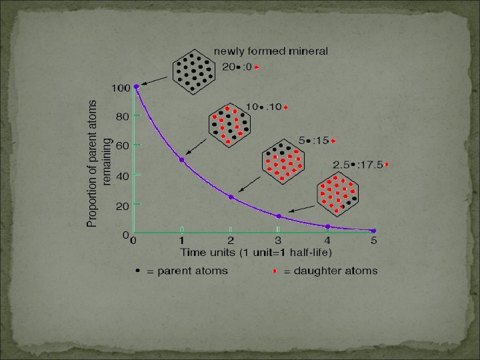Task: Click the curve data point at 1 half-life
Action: (181, 160)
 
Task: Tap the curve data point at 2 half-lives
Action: (231, 197)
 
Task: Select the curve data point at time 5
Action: (373, 231)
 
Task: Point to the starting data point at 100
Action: (136, 86)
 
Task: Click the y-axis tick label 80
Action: (121, 116)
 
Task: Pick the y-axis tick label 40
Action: (121, 177)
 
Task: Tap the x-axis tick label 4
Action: (327, 241)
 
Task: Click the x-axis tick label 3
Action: (278, 241)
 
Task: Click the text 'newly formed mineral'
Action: (271, 51)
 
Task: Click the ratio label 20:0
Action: (237, 67)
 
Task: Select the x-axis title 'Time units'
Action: (256, 252)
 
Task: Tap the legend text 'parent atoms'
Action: (192, 271)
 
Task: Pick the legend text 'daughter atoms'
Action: (331, 271)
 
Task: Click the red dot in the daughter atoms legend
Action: (275, 271)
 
